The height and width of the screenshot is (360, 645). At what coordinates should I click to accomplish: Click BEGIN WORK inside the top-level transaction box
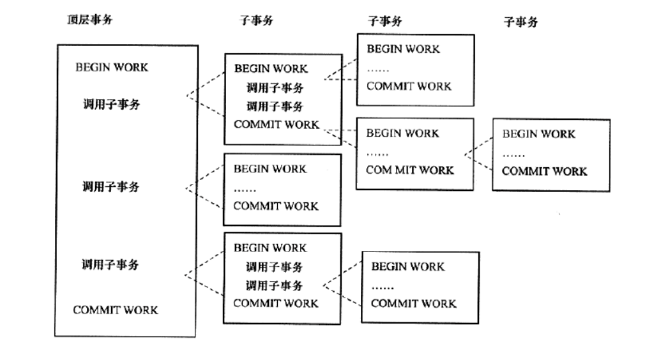tap(111, 68)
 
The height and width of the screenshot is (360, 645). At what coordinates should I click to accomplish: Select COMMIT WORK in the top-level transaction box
tap(115, 310)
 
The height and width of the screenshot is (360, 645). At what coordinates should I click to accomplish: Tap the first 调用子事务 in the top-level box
tap(111, 104)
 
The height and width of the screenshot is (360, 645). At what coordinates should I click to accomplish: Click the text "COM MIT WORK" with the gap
tap(409, 170)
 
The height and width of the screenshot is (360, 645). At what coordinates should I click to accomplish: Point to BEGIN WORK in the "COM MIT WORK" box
tap(402, 133)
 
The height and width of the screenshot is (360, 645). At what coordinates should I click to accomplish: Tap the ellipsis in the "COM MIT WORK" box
tap(377, 153)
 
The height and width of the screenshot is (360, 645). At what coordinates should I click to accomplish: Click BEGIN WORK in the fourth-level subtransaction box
tap(538, 134)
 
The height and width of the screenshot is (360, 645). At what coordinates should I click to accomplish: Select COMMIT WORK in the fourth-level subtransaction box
tap(544, 171)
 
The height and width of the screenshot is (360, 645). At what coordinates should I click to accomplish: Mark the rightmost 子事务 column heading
tap(520, 22)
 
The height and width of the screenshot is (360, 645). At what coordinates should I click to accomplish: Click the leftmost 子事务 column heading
tap(255, 20)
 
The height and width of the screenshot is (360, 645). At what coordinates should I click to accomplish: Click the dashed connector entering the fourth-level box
tap(479, 154)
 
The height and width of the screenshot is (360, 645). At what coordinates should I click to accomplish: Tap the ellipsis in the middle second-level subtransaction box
tap(244, 188)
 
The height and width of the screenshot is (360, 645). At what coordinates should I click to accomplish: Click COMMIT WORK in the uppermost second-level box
tap(276, 124)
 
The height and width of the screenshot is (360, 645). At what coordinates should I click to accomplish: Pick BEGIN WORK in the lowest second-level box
tap(269, 248)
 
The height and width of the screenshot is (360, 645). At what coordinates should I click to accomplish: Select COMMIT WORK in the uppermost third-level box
tap(409, 86)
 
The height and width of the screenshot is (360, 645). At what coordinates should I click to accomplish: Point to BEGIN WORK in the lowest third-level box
tap(407, 266)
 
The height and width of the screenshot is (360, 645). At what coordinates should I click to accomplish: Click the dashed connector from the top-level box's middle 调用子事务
tap(204, 188)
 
